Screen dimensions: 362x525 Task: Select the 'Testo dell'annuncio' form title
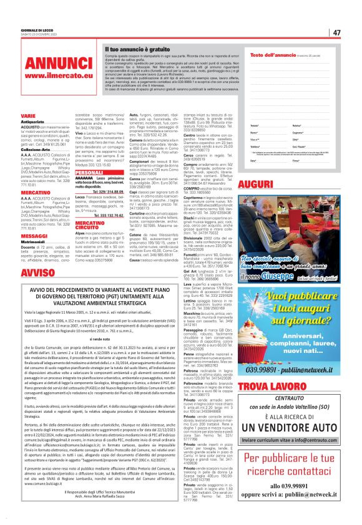[x=269, y=55]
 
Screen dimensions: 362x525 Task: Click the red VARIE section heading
[x=27, y=117]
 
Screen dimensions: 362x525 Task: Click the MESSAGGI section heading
[x=30, y=236]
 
